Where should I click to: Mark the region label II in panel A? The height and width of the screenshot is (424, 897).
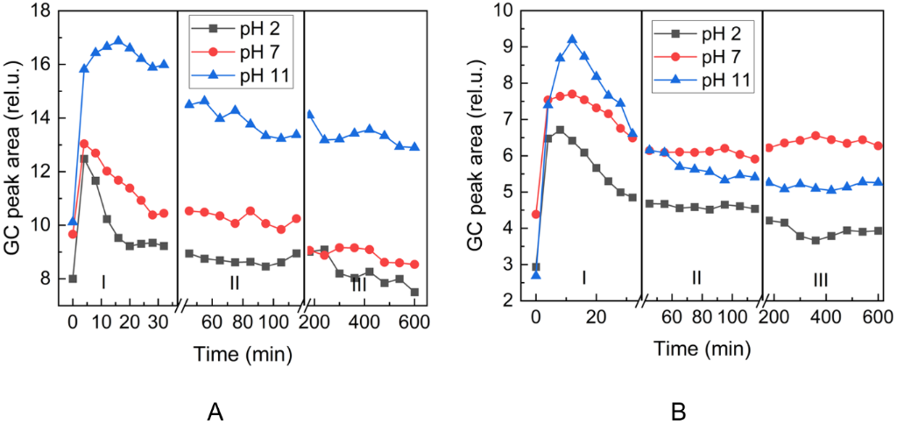point(235,283)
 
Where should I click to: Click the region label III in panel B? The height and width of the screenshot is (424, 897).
point(820,280)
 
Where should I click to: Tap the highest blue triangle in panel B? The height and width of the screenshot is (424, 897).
point(572,39)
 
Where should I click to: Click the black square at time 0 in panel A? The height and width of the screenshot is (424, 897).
point(73,279)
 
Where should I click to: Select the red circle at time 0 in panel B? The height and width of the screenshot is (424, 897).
point(536,215)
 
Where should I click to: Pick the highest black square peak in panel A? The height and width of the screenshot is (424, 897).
point(84,159)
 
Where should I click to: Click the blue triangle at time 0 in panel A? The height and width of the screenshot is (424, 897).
point(74,221)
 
